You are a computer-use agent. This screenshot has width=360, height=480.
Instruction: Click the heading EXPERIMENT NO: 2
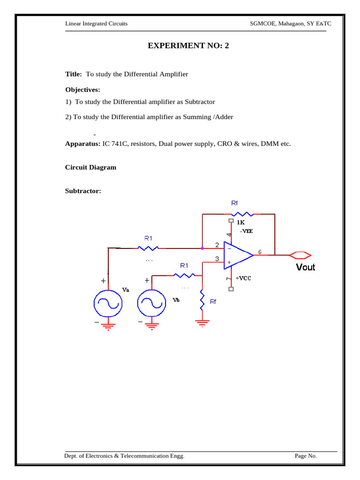[x=189, y=45]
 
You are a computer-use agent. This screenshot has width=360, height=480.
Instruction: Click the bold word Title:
[x=74, y=74]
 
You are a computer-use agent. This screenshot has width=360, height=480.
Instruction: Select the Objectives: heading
[x=82, y=90]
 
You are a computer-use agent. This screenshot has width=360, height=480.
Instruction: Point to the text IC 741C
[x=118, y=144]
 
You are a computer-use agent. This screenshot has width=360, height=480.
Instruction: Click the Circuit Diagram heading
[x=90, y=167]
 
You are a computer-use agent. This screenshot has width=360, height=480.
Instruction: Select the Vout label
[x=305, y=267]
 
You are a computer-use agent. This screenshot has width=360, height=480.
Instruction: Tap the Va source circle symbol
[x=108, y=304]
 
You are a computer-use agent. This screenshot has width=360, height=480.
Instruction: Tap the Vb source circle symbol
[x=151, y=304]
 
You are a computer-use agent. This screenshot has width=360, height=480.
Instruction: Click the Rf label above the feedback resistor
[x=234, y=203]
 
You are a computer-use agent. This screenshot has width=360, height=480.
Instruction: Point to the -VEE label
[x=247, y=231]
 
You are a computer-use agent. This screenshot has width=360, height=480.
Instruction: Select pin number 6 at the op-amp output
[x=260, y=252]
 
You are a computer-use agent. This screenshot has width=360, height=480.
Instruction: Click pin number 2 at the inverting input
[x=217, y=245]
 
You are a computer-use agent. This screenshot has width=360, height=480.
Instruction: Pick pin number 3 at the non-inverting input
[x=217, y=258]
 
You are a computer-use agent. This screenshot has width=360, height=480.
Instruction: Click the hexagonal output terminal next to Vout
[x=300, y=255]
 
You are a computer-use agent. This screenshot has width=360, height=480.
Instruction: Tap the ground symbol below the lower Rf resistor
[x=202, y=322]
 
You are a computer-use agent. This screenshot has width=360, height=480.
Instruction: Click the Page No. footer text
[x=306, y=456]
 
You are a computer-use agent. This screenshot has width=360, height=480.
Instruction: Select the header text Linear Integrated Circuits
[x=96, y=23]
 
